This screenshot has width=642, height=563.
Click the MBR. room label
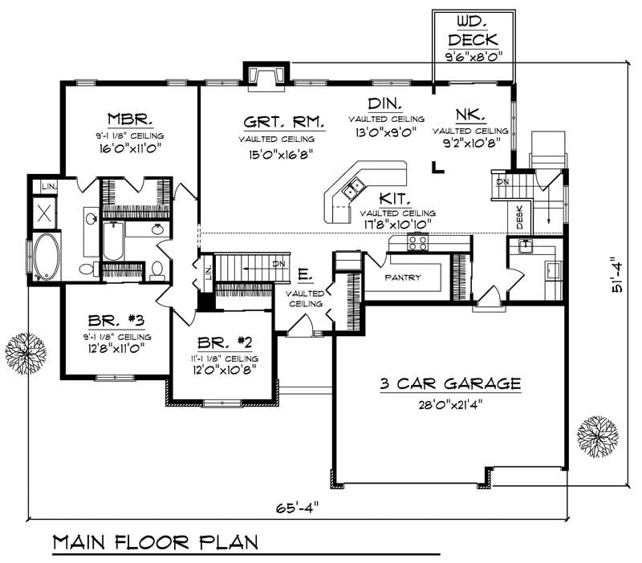tap(130, 119)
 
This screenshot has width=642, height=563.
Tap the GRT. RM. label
tap(284, 122)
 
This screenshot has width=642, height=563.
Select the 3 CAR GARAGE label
tap(450, 383)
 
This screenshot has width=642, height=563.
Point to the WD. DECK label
tap(473, 31)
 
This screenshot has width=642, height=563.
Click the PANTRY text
tap(403, 277)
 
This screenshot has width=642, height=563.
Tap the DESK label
tap(519, 217)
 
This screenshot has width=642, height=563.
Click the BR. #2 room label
tap(225, 342)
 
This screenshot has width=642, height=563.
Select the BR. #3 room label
tap(116, 320)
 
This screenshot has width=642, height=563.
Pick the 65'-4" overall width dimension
tap(297, 508)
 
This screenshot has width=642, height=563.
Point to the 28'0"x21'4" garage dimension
tap(450, 405)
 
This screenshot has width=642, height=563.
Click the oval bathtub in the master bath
tap(47, 257)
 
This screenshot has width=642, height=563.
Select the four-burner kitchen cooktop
tap(417, 242)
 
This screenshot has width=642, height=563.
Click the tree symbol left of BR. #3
tap(26, 353)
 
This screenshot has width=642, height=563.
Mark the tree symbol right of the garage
tap(597, 436)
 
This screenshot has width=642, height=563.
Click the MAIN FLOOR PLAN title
tap(156, 542)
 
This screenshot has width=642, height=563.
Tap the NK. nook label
tap(471, 115)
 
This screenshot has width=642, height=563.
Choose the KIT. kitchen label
tap(394, 198)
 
